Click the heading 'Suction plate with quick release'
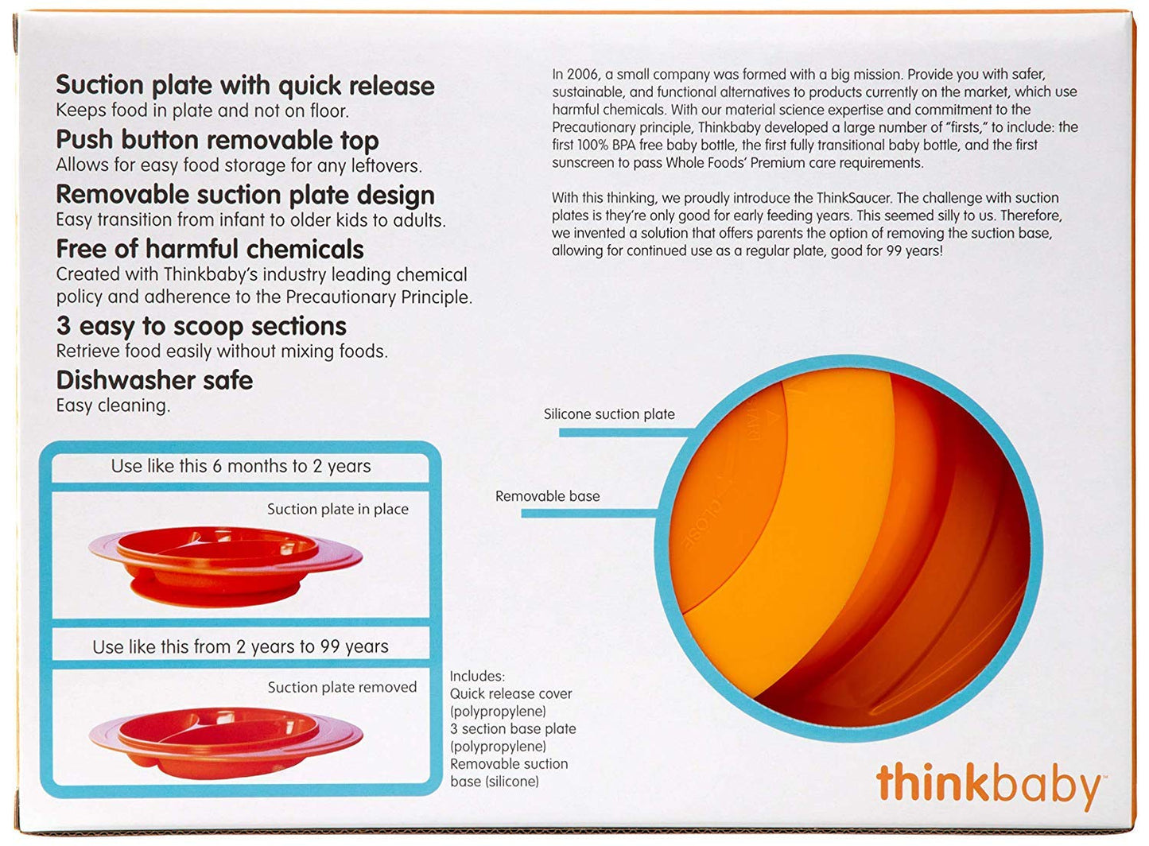coord(245,86)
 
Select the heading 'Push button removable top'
coord(217,141)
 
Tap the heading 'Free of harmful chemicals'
coord(210,250)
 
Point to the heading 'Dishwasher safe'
coord(154,380)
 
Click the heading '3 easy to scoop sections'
coord(201,326)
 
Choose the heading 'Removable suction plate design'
coord(245,196)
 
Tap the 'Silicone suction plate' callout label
coord(609,414)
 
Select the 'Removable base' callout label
coord(547,496)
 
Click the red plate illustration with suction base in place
coord(226,565)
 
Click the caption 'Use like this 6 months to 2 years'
coord(241,467)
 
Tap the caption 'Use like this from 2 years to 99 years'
coord(241,647)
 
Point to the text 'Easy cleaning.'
coord(113,406)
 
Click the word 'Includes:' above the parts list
coord(478,676)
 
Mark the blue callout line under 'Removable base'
coord(589,514)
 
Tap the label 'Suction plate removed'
coord(342,688)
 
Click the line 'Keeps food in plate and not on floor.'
coord(202,111)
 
